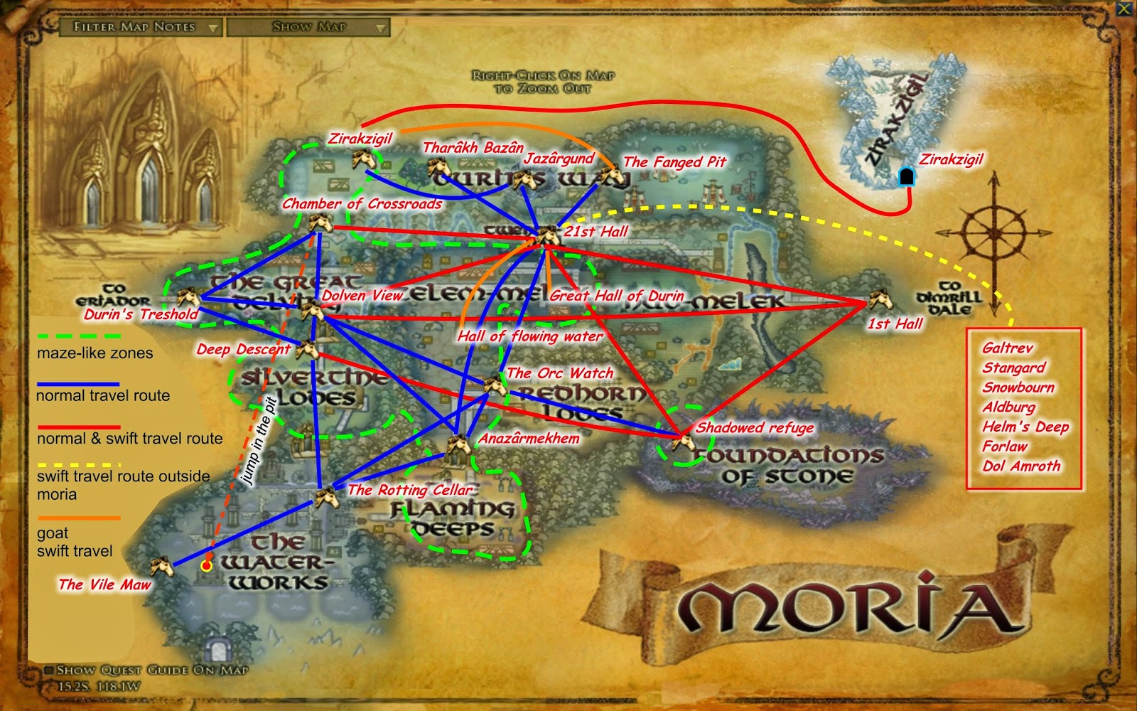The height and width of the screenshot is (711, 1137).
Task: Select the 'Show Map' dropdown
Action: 309,27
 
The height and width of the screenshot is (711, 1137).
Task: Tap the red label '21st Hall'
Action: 596,231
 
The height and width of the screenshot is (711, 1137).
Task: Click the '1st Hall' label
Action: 895,324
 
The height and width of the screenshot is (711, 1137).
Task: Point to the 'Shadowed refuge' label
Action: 755,427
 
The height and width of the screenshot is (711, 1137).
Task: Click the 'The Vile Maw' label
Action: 104,584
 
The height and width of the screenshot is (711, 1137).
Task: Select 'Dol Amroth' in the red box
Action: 1021,466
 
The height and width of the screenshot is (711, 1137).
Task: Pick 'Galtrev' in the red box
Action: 1007,348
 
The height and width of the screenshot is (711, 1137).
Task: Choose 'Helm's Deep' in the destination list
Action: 1025,427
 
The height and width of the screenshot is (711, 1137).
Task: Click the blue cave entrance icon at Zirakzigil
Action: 906,176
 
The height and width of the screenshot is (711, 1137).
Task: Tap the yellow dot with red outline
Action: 206,566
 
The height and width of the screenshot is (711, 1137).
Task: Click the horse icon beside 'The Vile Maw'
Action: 163,567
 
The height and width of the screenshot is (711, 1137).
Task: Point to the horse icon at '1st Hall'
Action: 880,299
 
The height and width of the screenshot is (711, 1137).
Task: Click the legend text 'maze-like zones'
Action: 95,353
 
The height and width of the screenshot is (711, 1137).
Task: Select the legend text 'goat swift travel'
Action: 75,542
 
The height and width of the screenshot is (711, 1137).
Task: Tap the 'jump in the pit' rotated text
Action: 259,441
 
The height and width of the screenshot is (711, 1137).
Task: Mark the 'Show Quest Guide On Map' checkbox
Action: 49,670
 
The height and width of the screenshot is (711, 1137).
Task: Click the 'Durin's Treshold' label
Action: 141,314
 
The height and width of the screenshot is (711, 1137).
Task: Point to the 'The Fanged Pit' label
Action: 674,162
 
